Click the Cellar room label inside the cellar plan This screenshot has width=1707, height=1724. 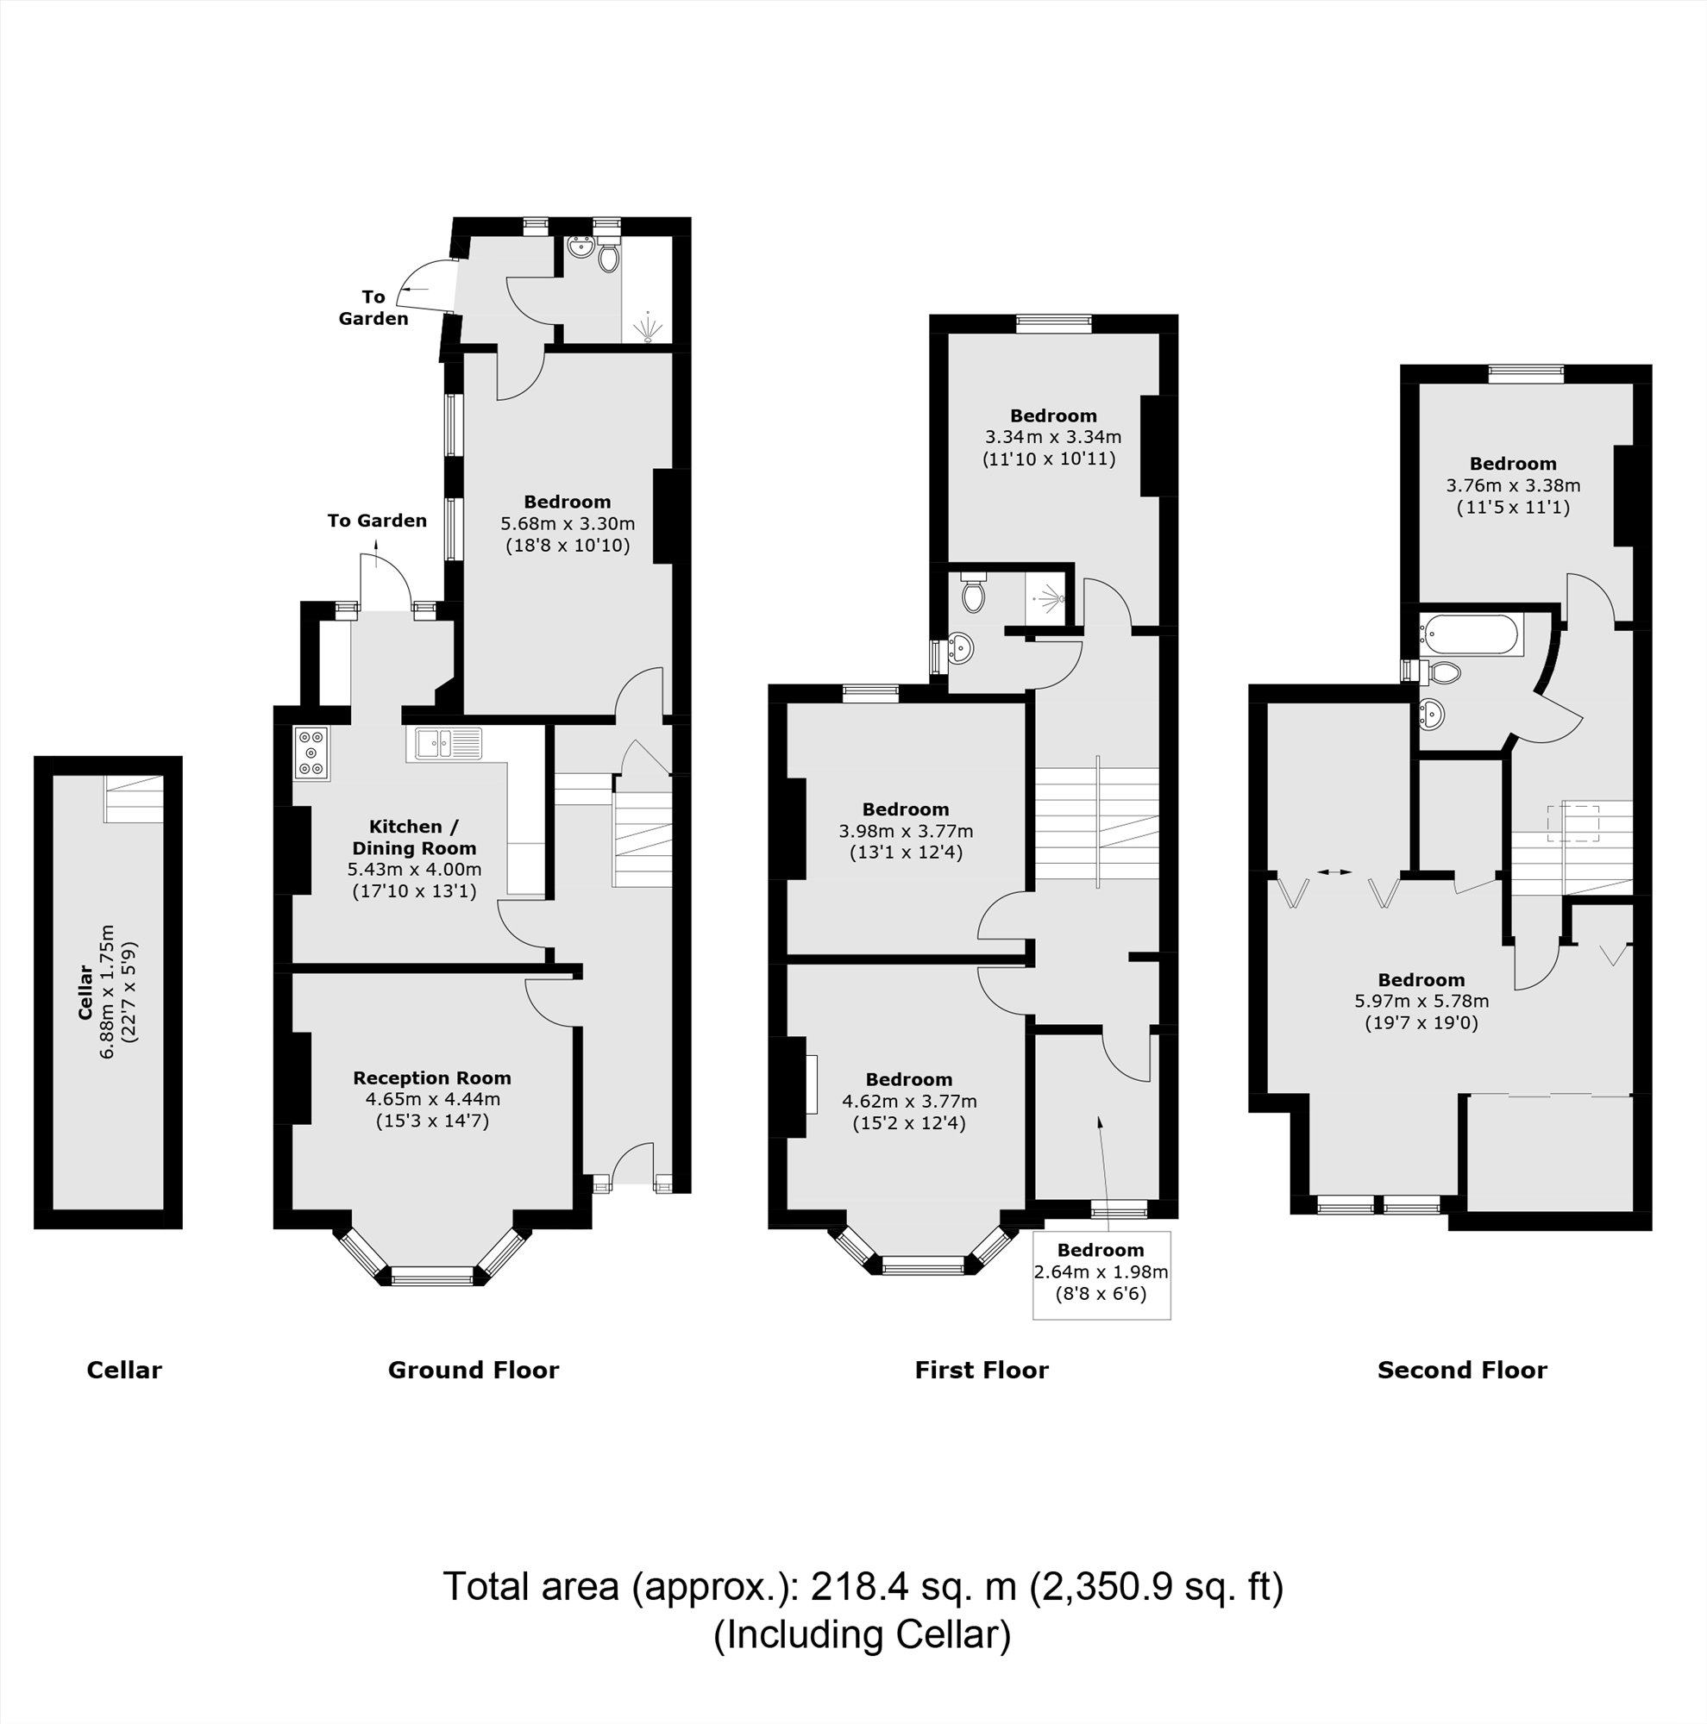86,991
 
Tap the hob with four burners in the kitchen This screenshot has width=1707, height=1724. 311,753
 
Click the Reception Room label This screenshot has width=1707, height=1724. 432,1078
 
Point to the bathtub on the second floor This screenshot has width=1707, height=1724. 1469,635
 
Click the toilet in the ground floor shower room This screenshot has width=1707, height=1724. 609,258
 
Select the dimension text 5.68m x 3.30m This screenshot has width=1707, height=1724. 567,524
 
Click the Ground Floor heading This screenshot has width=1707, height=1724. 474,1371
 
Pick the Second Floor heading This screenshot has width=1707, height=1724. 1461,1371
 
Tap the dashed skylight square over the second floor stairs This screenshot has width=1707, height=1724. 1573,821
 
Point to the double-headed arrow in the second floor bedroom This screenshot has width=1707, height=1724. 1334,871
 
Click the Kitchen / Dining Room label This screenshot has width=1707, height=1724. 414,837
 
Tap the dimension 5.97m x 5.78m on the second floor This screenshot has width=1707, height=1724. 1421,1001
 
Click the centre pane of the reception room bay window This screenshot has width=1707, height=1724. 433,1277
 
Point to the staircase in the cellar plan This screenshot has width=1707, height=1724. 134,799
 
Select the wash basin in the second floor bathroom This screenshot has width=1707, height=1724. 1431,714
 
